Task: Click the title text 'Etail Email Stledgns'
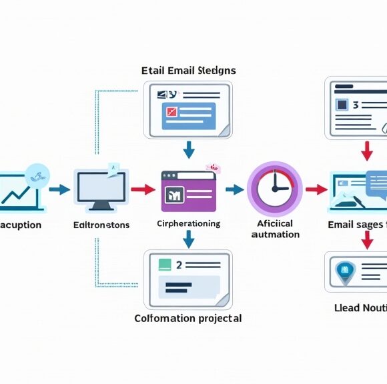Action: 189,70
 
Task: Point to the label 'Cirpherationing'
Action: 188,223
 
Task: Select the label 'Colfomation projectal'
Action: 188,318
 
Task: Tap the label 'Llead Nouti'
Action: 360,307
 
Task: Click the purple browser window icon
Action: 188,189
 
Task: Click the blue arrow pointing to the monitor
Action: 59,189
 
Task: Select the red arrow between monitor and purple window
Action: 141,189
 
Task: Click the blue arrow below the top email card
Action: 189,149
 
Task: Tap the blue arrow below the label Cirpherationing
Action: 189,238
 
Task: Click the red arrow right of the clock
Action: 315,189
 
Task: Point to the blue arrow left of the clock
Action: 234,189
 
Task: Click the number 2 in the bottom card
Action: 179,265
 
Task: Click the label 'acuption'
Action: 20,225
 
